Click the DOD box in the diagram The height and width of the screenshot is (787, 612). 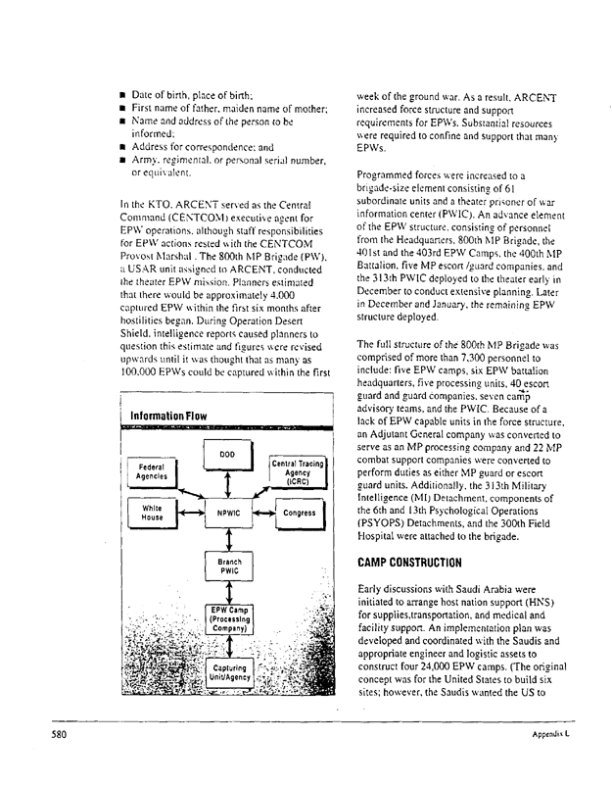(x=226, y=455)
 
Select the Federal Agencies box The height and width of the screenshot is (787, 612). (x=152, y=471)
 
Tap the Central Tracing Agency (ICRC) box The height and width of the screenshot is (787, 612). (x=299, y=471)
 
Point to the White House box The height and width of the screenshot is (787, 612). (x=152, y=513)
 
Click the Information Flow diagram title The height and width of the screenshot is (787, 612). (x=169, y=416)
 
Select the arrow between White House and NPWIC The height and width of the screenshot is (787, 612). (x=190, y=513)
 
